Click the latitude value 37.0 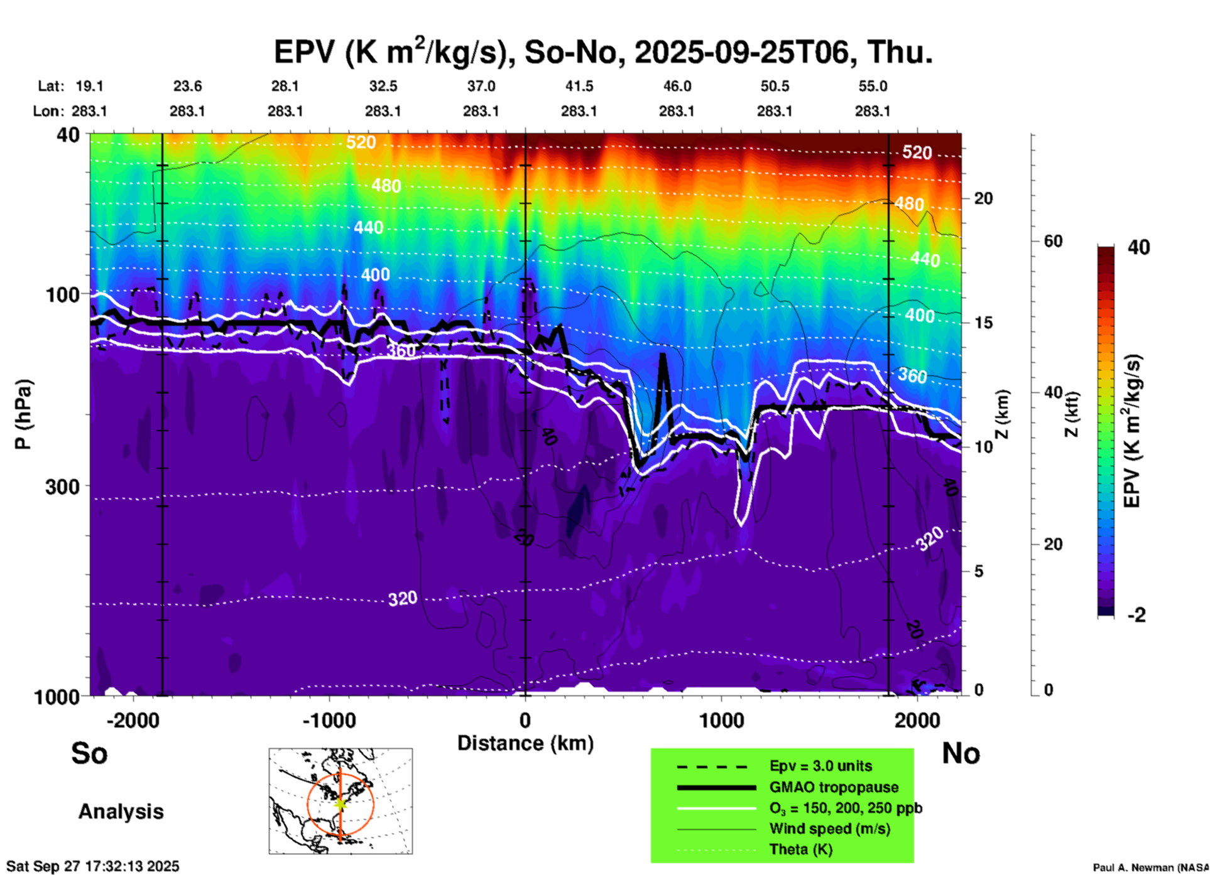[x=481, y=86]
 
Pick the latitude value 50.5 [x=775, y=86]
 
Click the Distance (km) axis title [x=525, y=743]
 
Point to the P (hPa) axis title [x=23, y=414]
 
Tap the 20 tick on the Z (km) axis [x=984, y=198]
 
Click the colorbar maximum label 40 [x=1138, y=247]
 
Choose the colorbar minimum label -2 [x=1136, y=615]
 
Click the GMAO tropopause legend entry [x=834, y=787]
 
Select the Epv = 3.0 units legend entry [x=820, y=766]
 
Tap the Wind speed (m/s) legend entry [x=829, y=829]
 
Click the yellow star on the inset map [x=341, y=803]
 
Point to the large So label [x=89, y=753]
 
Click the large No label [x=961, y=753]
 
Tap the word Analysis [x=121, y=812]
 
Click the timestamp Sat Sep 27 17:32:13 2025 [x=93, y=866]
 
